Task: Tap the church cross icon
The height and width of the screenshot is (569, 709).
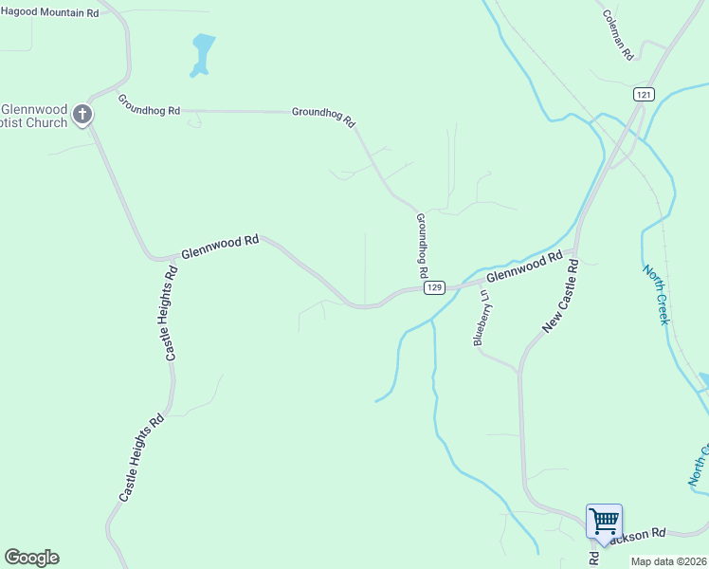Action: tap(82, 115)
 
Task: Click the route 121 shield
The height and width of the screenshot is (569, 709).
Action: tap(645, 94)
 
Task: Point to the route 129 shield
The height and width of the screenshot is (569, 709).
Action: tap(434, 287)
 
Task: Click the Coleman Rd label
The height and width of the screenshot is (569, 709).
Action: tap(618, 36)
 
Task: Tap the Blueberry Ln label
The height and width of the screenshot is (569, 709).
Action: tap(483, 319)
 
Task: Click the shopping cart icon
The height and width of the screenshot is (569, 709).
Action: tap(604, 521)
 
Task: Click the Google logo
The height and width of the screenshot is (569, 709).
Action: tap(31, 558)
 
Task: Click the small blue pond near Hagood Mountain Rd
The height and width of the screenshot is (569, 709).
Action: tap(202, 52)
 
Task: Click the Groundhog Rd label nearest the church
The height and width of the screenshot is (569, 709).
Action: tap(149, 105)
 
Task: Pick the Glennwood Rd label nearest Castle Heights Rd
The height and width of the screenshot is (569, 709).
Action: tap(220, 247)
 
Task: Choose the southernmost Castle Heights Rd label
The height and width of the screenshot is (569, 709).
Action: tap(141, 458)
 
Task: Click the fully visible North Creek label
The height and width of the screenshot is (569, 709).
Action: tap(656, 294)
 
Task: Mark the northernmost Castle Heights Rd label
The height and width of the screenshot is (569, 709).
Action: tap(170, 313)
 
